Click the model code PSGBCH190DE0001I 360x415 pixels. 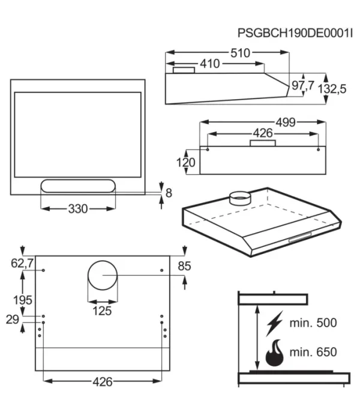click(295, 34)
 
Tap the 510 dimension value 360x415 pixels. click(240, 53)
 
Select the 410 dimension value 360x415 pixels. click(210, 64)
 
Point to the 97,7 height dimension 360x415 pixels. click(302, 85)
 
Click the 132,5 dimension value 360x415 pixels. click(332, 89)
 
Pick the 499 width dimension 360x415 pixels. click(286, 123)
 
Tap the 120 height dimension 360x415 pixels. click(185, 163)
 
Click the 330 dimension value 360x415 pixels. click(78, 209)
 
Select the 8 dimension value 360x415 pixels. click(169, 193)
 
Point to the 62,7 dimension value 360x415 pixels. click(22, 263)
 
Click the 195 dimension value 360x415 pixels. click(23, 300)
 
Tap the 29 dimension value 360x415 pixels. click(13, 320)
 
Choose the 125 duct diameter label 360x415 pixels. click(102, 310)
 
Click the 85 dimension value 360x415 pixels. click(184, 266)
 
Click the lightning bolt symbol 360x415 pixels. click(275, 323)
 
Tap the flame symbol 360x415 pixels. click(275, 353)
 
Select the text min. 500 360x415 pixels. click(313, 323)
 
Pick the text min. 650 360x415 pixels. click(313, 353)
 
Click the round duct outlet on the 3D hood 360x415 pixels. click(240, 198)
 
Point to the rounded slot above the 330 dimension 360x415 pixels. click(78, 186)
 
